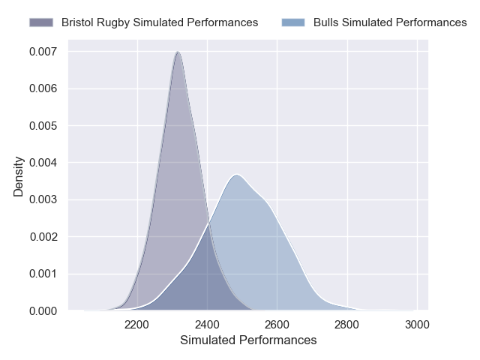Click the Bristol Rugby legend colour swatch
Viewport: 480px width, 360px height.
[43, 22]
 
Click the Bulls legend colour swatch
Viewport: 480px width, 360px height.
[295, 22]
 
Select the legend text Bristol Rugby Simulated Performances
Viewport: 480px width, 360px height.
[160, 22]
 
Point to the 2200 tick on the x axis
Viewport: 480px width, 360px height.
[137, 325]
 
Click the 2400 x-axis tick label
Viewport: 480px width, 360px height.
[207, 325]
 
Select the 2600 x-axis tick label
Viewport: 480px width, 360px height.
[277, 325]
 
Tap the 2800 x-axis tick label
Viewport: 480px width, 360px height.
[346, 325]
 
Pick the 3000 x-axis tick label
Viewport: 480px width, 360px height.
[416, 325]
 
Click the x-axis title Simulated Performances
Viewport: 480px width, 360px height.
[248, 340]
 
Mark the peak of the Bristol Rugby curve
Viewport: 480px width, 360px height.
[177, 52]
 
